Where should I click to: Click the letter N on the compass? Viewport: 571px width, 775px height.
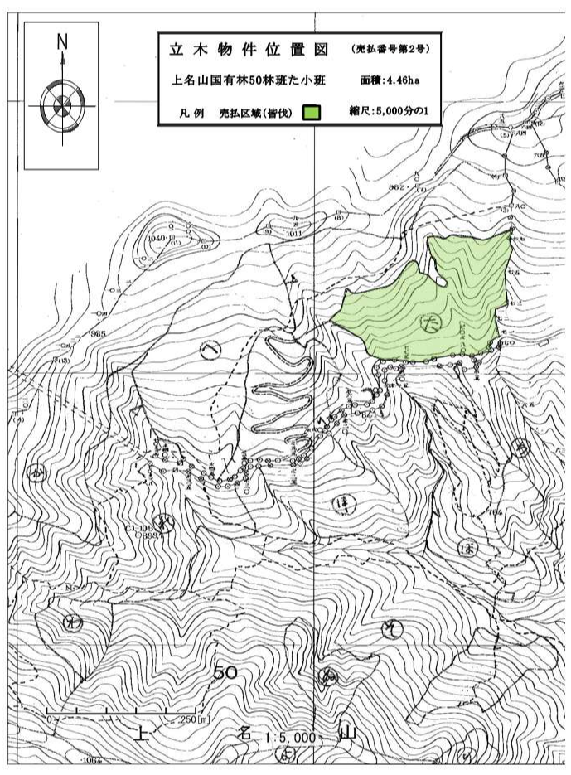click(x=62, y=41)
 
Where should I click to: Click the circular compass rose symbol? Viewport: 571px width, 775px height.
click(x=61, y=105)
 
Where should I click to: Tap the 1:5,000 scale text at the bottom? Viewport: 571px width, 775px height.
click(x=291, y=737)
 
